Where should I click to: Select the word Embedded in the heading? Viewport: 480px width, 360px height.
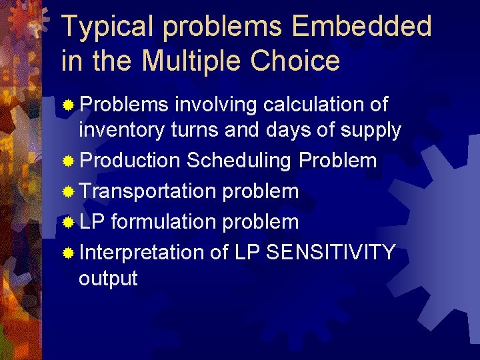[362, 27]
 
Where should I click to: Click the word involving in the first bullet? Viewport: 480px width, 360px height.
[216, 105]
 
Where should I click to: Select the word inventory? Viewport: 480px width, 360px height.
[121, 131]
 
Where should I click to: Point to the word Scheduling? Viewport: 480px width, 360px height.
[239, 161]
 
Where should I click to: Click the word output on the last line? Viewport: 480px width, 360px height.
[108, 279]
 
